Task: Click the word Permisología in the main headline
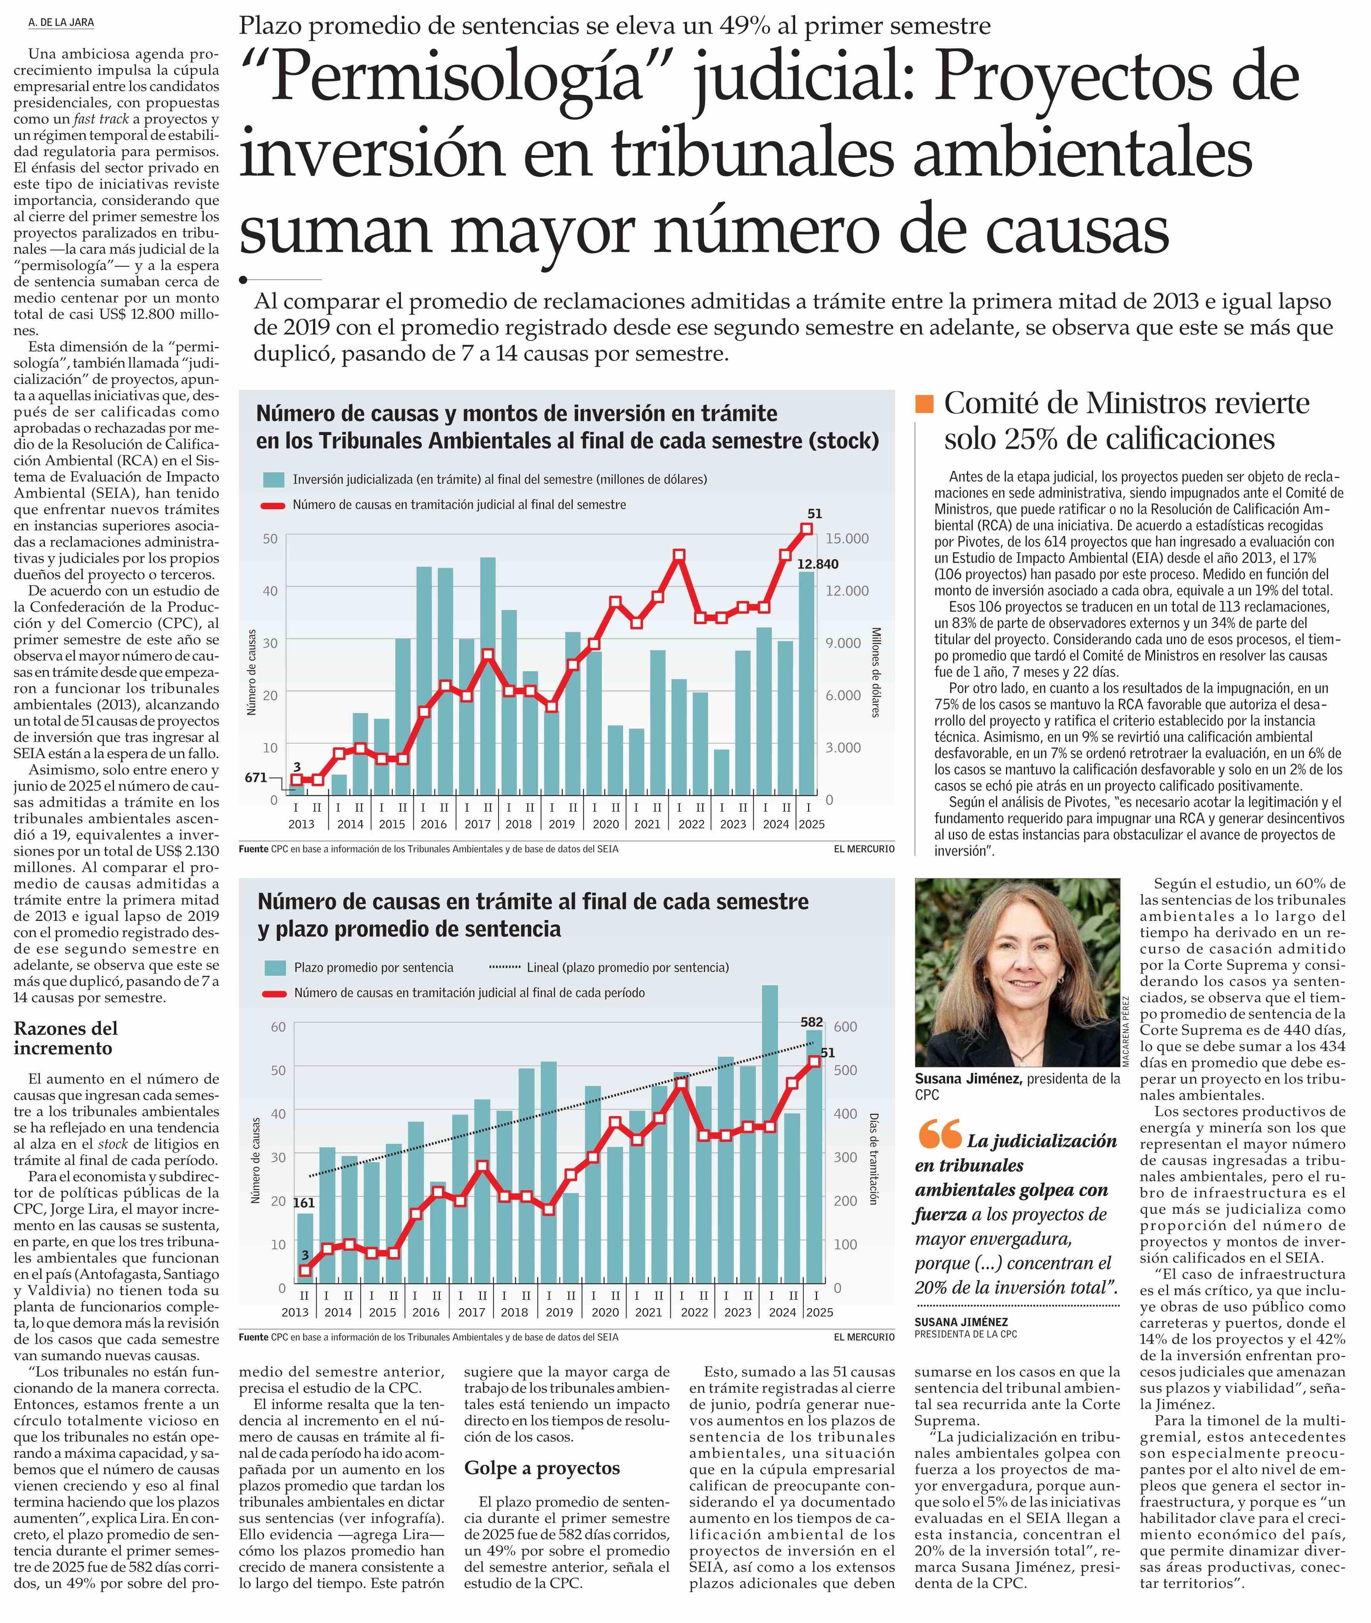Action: (459, 78)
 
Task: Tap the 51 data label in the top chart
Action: (814, 514)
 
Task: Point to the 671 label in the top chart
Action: (256, 777)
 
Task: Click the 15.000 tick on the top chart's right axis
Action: (847, 539)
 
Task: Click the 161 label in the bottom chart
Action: (304, 1202)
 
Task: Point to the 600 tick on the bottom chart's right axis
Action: (845, 1027)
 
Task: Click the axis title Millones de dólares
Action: (876, 672)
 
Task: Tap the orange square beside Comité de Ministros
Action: (924, 403)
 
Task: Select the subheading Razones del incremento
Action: (66, 1038)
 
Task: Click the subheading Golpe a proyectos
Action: (542, 1468)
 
